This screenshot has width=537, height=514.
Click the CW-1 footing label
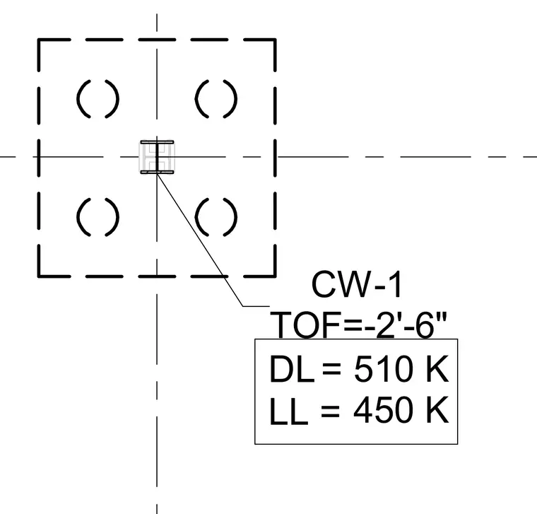(357, 285)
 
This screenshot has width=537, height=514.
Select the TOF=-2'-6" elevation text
(358, 325)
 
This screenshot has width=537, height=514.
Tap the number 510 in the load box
(383, 369)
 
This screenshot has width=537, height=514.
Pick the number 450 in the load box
(383, 411)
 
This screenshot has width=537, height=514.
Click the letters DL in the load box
(292, 369)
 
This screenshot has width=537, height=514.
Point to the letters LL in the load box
(289, 411)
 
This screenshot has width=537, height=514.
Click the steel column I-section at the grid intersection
(157, 157)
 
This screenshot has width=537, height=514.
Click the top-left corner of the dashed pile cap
(39, 40)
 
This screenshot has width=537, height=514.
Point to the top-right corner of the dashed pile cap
(275, 40)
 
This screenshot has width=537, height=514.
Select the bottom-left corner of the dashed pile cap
(39, 276)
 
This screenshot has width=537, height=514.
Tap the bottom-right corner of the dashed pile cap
(275, 276)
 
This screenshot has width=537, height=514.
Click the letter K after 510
(437, 369)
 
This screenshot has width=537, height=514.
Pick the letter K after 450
(437, 411)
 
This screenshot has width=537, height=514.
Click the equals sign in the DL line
(331, 369)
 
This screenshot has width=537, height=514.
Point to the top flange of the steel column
(157, 142)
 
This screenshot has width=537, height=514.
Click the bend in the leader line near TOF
(243, 306)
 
